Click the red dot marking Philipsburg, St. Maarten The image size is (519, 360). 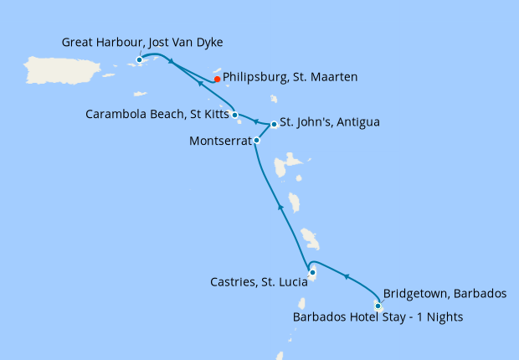click(x=216, y=80)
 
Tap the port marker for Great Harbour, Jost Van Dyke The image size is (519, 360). click(x=139, y=59)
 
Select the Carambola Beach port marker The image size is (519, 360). click(x=235, y=115)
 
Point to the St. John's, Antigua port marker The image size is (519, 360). click(x=274, y=125)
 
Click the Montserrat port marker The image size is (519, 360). click(x=256, y=141)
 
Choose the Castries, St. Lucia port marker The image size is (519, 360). click(x=312, y=272)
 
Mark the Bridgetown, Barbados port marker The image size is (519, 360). click(x=378, y=306)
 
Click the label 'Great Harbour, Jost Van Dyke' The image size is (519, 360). click(x=142, y=42)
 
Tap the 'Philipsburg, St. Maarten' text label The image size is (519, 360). click(x=290, y=77)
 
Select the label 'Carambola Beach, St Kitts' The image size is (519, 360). click(x=157, y=114)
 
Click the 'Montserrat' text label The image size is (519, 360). click(x=220, y=141)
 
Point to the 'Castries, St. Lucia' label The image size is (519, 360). click(x=258, y=283)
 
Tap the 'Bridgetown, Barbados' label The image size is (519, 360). click(x=444, y=294)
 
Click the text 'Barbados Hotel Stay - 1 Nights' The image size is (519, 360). click(x=378, y=317)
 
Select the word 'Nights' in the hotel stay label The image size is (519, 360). click(x=444, y=317)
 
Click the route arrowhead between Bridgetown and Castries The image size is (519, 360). click(x=345, y=276)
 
